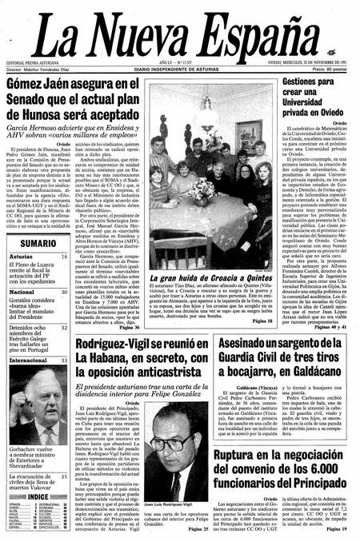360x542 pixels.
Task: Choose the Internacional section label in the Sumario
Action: [30, 361]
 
